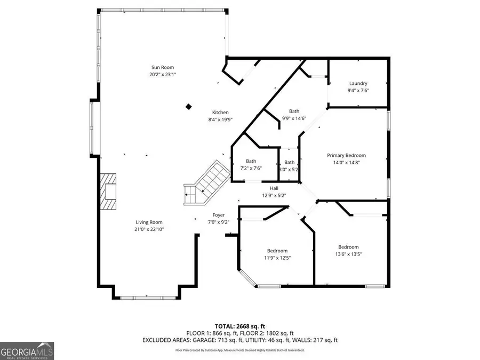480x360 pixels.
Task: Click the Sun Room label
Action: point(163,67)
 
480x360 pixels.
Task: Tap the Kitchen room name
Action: point(220,113)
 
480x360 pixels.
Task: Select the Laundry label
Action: point(358,83)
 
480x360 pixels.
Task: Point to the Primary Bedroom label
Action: point(346,156)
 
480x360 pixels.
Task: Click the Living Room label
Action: point(149,222)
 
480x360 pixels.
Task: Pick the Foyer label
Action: point(219,215)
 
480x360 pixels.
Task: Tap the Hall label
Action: point(274,188)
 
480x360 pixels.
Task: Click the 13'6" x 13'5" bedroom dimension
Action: point(348,254)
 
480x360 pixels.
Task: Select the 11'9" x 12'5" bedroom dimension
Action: point(277,258)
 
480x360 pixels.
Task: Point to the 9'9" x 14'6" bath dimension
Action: point(294,118)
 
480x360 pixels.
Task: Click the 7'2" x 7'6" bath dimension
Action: point(251,168)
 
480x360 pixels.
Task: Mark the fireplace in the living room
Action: point(108,191)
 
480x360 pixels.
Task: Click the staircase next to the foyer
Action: point(207,182)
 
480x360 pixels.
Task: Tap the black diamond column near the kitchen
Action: point(189,107)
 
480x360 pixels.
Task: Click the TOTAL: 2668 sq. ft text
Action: point(240,326)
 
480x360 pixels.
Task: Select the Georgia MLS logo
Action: point(27,351)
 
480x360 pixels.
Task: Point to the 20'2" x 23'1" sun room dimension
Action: point(163,74)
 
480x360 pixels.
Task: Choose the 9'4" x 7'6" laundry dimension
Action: point(358,90)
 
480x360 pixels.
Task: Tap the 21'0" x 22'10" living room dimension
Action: point(149,229)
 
